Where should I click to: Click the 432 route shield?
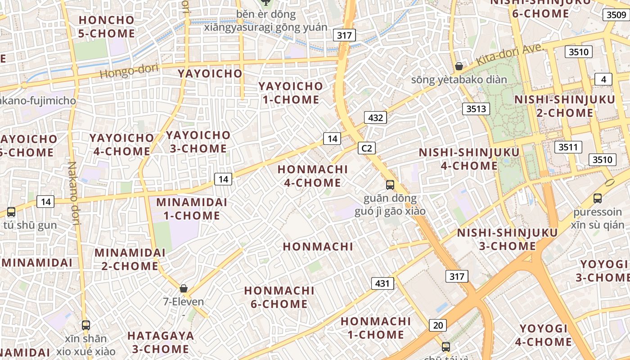[x=375, y=118]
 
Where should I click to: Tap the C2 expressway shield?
[x=367, y=148]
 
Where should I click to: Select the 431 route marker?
[x=382, y=283]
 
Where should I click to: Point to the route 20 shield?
[x=437, y=325]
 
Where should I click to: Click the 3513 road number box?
[x=476, y=108]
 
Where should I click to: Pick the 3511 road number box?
[x=569, y=147]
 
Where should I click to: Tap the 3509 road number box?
[x=616, y=15]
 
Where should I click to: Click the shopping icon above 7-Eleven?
[x=183, y=288]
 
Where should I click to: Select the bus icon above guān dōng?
[x=390, y=184]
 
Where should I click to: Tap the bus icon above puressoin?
[x=598, y=198]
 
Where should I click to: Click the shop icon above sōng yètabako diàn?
[x=459, y=67]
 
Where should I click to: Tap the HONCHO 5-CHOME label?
[x=106, y=27]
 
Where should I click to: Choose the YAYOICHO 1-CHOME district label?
[x=291, y=93]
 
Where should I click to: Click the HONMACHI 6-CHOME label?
[x=279, y=297]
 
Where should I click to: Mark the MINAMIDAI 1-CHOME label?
[x=192, y=209]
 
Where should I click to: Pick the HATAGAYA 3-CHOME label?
[x=160, y=342]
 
